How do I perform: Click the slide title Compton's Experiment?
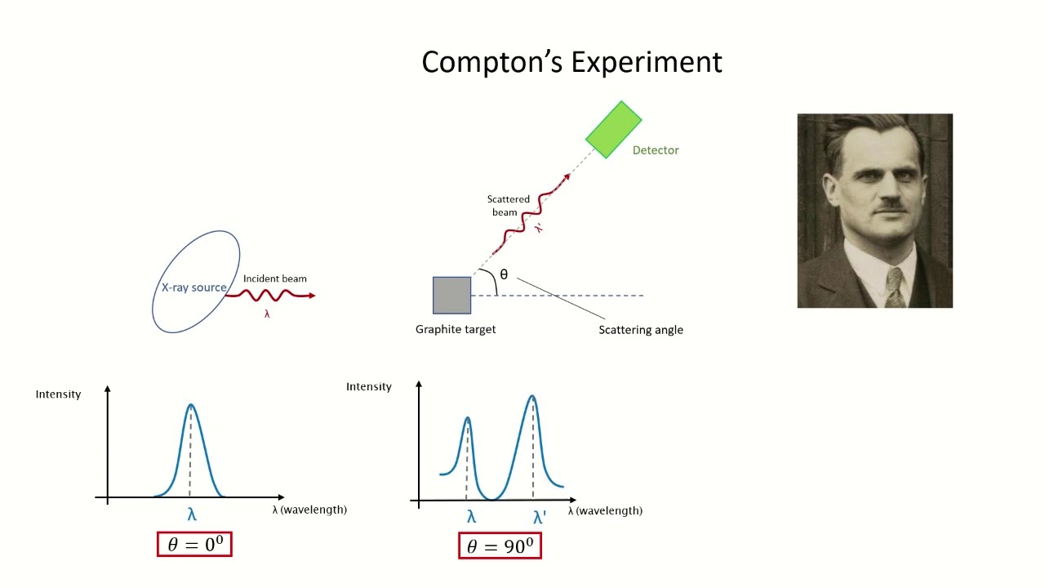pos(571,62)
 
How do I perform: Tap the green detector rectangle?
pos(614,129)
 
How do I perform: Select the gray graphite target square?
pos(451,296)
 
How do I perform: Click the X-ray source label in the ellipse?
pos(193,287)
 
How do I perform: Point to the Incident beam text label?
pos(275,278)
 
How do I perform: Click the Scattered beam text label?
pos(508,206)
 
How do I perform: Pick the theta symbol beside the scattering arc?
pos(504,274)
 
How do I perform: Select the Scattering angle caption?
pos(641,330)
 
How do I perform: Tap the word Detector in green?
pos(656,150)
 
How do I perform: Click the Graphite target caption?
pos(456,329)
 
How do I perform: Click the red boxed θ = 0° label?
pos(194,545)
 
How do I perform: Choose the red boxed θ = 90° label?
pos(500,546)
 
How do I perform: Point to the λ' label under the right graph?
pos(540,517)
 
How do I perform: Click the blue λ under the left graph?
pos(192,514)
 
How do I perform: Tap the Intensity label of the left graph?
pos(58,394)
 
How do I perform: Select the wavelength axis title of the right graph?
pos(605,510)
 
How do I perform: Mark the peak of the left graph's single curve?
pos(191,405)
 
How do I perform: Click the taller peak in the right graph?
pos(532,397)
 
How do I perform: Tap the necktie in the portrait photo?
pos(895,287)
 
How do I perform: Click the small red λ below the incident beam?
pos(267,314)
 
